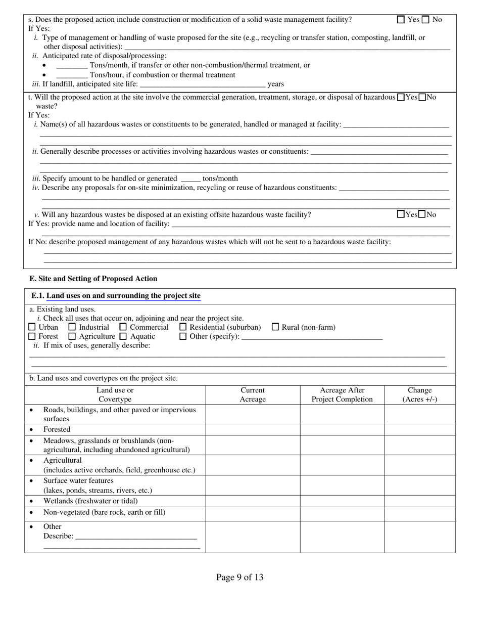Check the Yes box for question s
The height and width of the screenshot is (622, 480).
click(x=401, y=20)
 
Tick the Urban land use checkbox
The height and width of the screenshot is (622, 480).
click(x=32, y=327)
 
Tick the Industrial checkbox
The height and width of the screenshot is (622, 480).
click(x=72, y=327)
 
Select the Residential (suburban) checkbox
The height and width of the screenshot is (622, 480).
click(x=183, y=327)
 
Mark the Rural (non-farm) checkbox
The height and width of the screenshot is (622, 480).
click(x=275, y=327)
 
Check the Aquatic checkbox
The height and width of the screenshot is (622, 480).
click(x=123, y=336)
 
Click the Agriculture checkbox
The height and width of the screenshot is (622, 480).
click(x=72, y=336)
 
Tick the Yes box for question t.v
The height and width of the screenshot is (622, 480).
click(x=401, y=214)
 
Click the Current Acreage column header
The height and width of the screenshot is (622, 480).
click(x=253, y=394)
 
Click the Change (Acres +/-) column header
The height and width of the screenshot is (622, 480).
click(x=419, y=394)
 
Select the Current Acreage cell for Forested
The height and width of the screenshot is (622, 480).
click(x=253, y=430)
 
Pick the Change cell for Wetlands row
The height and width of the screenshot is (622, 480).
click(x=419, y=501)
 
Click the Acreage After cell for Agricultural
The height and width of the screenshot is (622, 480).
click(x=342, y=465)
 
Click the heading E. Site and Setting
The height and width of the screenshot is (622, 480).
click(x=93, y=279)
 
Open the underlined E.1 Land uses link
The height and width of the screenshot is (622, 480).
click(x=123, y=296)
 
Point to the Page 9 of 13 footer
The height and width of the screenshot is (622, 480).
click(x=239, y=577)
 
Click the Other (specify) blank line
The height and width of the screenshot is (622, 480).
click(x=312, y=337)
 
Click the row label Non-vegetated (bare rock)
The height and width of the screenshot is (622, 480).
click(x=104, y=512)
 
